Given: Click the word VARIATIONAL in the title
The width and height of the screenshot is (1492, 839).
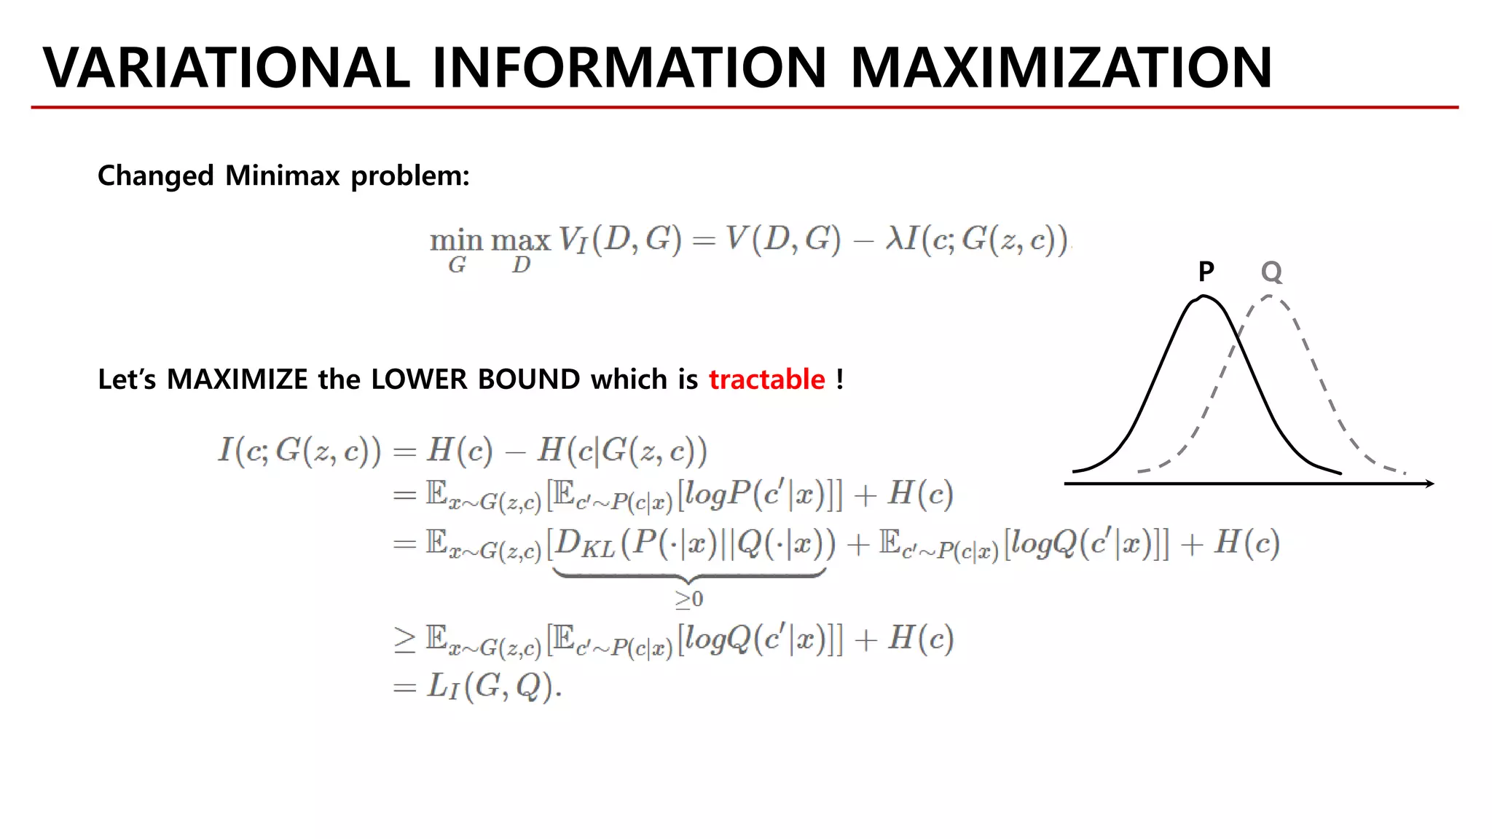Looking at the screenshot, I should click(x=226, y=68).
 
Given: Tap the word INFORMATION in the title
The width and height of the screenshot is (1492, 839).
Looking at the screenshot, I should click(x=629, y=68).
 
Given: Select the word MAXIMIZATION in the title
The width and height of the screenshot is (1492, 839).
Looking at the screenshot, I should click(x=1061, y=68).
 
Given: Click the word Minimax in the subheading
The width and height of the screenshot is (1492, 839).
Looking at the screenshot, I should click(x=283, y=176).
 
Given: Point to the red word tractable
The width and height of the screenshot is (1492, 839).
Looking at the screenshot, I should click(x=766, y=379).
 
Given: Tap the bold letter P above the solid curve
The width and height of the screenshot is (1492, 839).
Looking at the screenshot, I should click(x=1206, y=272).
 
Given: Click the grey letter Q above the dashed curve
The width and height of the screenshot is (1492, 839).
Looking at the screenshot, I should click(x=1271, y=272).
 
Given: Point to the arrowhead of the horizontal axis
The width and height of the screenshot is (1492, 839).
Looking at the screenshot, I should click(x=1429, y=484).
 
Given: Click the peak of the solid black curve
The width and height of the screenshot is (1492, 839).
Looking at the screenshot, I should click(x=1204, y=296).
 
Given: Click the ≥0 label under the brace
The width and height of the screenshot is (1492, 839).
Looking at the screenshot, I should click(x=688, y=599).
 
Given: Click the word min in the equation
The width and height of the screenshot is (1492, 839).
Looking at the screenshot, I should click(x=456, y=240).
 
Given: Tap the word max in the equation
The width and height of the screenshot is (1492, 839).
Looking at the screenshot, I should click(x=520, y=240).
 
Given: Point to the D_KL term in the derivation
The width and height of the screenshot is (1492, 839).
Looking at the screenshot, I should click(x=585, y=544).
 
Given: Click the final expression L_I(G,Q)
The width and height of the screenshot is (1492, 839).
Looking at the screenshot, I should click(x=494, y=686).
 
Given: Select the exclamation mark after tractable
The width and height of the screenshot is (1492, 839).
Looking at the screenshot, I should click(x=840, y=379).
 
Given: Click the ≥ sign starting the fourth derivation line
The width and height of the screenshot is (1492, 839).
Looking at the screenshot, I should click(x=404, y=639).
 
